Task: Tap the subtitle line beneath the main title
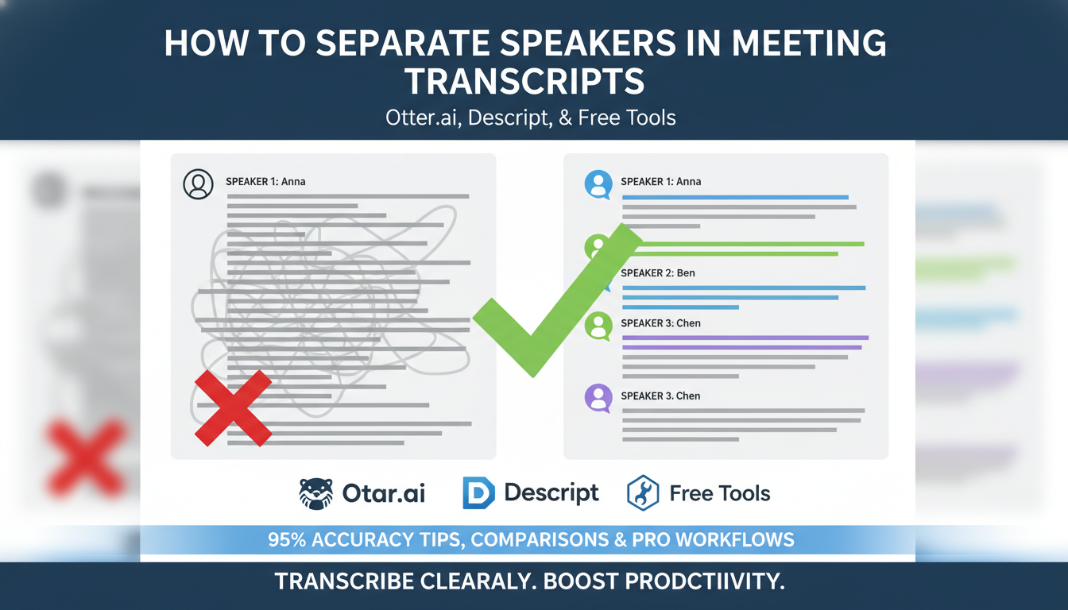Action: pos(531,118)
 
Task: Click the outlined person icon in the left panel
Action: pos(198,184)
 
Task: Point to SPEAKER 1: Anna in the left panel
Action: pos(265,182)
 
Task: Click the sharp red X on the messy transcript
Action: pos(234,407)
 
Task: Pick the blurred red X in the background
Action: pos(86,458)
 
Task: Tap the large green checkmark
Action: pos(556,302)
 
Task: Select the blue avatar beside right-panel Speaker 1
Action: pos(598,184)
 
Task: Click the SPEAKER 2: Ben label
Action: pos(658,273)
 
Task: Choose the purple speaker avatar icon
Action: pos(598,397)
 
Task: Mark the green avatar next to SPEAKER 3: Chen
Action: pos(598,325)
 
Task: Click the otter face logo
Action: pos(315,493)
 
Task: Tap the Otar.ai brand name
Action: pos(384,493)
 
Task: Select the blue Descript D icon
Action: pos(478,493)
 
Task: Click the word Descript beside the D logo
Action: pos(551,492)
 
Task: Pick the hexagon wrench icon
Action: pos(642,493)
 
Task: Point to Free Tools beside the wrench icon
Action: pos(720,493)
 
